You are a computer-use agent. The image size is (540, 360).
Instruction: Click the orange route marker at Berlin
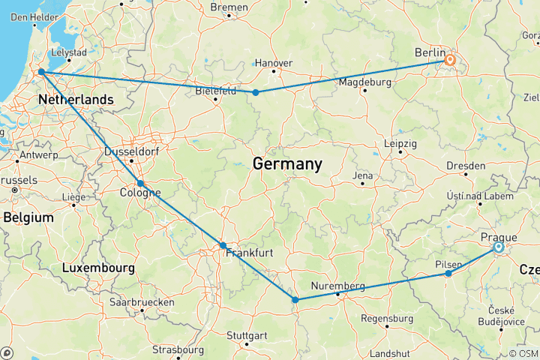[x=450, y=59]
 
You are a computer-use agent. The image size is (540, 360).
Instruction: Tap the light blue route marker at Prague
[x=499, y=247]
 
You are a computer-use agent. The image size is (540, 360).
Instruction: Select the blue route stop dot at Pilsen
[x=448, y=274]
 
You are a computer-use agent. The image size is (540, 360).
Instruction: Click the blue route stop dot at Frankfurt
[x=223, y=245]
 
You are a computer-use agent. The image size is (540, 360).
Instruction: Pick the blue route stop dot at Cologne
[x=140, y=183]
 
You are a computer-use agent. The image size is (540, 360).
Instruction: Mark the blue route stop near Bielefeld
[x=256, y=92]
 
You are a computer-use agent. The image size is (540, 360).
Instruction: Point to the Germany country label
[x=287, y=163]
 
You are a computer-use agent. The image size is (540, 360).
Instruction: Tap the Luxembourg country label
[x=98, y=268]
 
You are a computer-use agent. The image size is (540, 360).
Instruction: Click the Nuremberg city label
[x=340, y=286]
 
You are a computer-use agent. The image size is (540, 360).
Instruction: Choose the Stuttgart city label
[x=247, y=334]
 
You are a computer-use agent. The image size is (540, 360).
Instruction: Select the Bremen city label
[x=229, y=7]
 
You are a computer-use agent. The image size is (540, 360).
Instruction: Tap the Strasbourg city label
[x=178, y=349]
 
